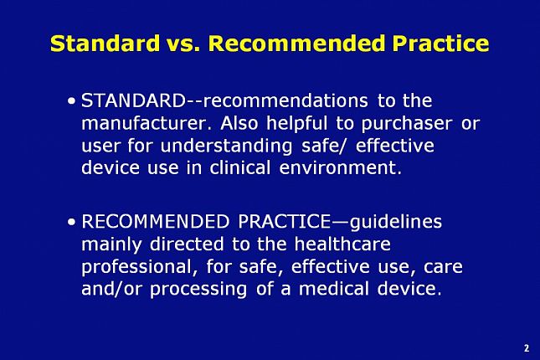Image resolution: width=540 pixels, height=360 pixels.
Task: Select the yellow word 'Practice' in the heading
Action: click(x=440, y=43)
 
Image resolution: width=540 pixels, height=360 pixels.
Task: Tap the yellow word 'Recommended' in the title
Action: click(x=296, y=43)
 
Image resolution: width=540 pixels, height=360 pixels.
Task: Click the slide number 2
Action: click(x=527, y=348)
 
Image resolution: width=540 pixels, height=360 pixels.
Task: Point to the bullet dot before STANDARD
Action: click(x=72, y=101)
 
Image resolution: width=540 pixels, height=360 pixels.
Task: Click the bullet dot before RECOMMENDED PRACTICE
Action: click(x=72, y=222)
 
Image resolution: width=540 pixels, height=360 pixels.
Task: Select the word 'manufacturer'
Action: click(x=145, y=123)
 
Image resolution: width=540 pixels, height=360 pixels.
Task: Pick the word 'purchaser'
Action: click(x=407, y=124)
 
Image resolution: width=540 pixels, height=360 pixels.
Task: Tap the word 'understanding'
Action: click(x=226, y=146)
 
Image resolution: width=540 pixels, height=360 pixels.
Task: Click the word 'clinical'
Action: click(x=240, y=167)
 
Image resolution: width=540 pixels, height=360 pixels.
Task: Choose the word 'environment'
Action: click(x=338, y=168)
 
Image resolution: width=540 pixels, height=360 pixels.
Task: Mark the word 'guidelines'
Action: click(x=396, y=222)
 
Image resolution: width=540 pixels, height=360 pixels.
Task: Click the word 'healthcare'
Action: click(x=342, y=244)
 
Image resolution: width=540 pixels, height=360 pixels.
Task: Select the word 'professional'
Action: click(x=138, y=267)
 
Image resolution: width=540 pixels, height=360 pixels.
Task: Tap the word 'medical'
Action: click(x=334, y=288)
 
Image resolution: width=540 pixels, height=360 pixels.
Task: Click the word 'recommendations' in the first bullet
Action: click(x=285, y=101)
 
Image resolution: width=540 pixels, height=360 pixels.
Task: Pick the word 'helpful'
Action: click(x=297, y=124)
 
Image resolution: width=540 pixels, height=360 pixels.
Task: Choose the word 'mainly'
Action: click(x=111, y=244)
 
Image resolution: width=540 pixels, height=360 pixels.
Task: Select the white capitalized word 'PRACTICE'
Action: click(x=284, y=222)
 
